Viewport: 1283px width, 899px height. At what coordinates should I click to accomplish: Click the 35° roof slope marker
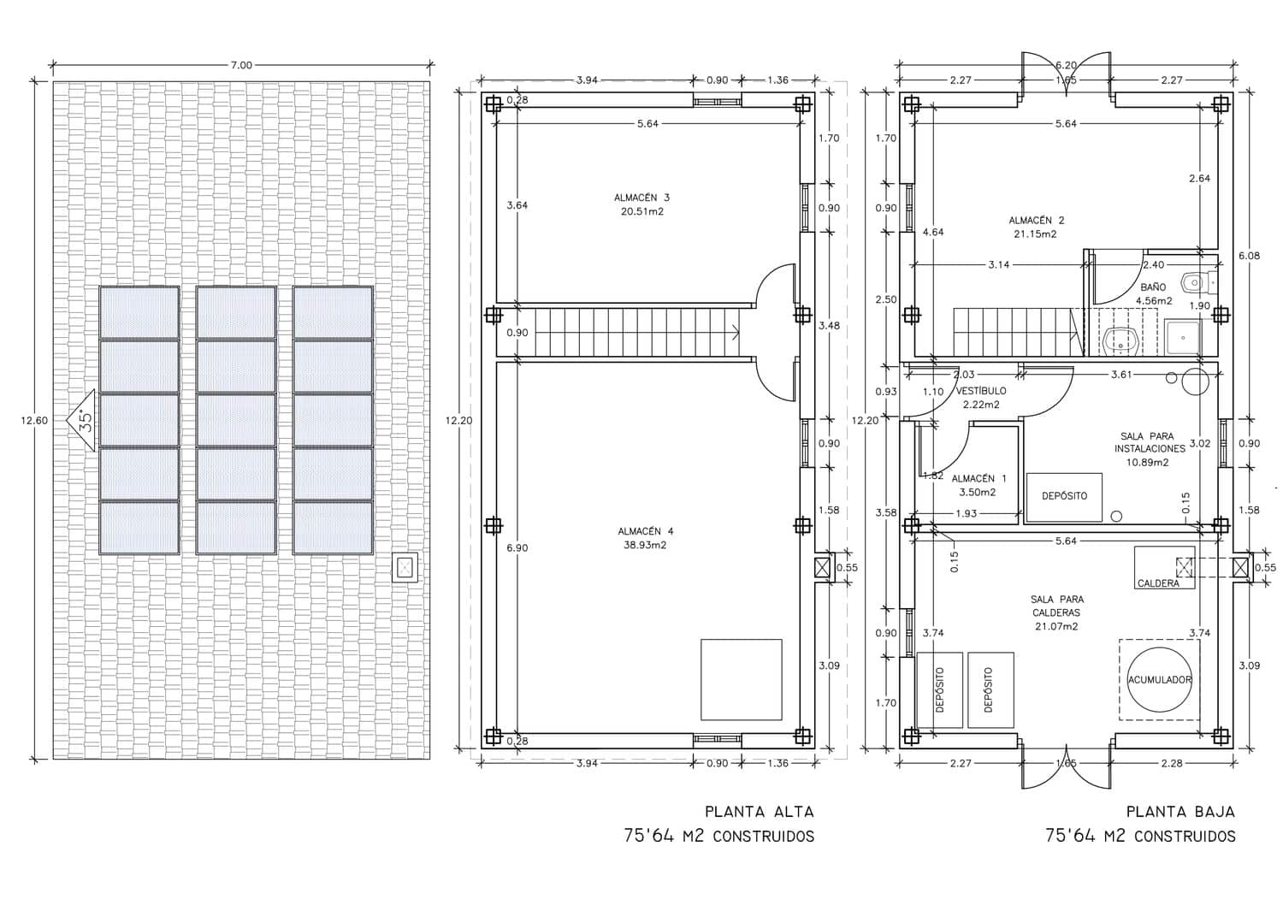83,420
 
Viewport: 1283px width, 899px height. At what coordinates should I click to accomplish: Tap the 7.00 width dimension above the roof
241,65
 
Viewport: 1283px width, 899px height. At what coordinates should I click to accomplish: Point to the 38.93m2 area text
643,544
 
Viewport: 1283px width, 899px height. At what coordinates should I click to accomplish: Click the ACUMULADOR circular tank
1159,680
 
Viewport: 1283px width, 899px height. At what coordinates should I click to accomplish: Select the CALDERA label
1158,583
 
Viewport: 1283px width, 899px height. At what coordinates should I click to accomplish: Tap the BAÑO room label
1153,288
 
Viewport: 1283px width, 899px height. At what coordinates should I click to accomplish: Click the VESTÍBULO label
981,391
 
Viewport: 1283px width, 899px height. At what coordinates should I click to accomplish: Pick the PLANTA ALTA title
759,812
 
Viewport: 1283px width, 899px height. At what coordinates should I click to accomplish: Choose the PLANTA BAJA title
1180,812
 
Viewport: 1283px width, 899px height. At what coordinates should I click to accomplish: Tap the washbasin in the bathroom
1119,340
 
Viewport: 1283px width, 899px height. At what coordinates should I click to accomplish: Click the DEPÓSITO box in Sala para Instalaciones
1064,496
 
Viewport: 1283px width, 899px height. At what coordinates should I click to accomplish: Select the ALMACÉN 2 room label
1036,221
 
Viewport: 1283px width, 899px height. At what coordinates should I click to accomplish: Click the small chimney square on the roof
404,566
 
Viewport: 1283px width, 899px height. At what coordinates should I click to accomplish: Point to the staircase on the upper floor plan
637,332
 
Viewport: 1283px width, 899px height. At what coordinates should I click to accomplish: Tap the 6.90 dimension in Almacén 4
517,547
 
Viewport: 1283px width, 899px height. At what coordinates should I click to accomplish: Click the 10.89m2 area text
1149,462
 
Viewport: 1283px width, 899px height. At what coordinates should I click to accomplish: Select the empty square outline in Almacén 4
741,679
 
